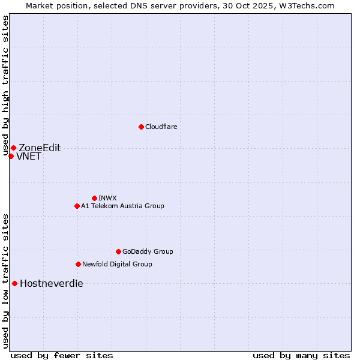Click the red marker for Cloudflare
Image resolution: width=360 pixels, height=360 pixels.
(141, 127)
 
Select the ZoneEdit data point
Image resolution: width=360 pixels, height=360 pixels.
(13, 148)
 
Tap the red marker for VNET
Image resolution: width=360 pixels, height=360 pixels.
(11, 156)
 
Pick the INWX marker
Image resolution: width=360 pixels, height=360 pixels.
(94, 198)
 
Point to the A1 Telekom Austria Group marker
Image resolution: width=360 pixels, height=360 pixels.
(77, 206)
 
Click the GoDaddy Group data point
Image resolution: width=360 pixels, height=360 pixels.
(118, 251)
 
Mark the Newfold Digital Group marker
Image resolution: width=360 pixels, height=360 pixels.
(78, 264)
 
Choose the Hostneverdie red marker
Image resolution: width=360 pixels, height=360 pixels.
(14, 283)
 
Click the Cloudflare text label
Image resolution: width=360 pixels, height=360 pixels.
(161, 127)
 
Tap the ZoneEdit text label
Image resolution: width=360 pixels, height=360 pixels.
(40, 148)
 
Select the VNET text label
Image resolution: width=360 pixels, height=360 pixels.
(29, 157)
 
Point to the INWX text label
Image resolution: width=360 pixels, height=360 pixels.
(107, 198)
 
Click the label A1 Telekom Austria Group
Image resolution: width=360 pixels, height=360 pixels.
(122, 206)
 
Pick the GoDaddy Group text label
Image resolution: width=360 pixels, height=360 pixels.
(148, 251)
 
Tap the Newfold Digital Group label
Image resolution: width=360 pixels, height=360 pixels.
(117, 264)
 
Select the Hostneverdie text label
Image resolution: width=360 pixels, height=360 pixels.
(52, 284)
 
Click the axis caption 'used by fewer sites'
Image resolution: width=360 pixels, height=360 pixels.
(62, 355)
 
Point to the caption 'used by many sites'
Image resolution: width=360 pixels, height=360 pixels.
(301, 355)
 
